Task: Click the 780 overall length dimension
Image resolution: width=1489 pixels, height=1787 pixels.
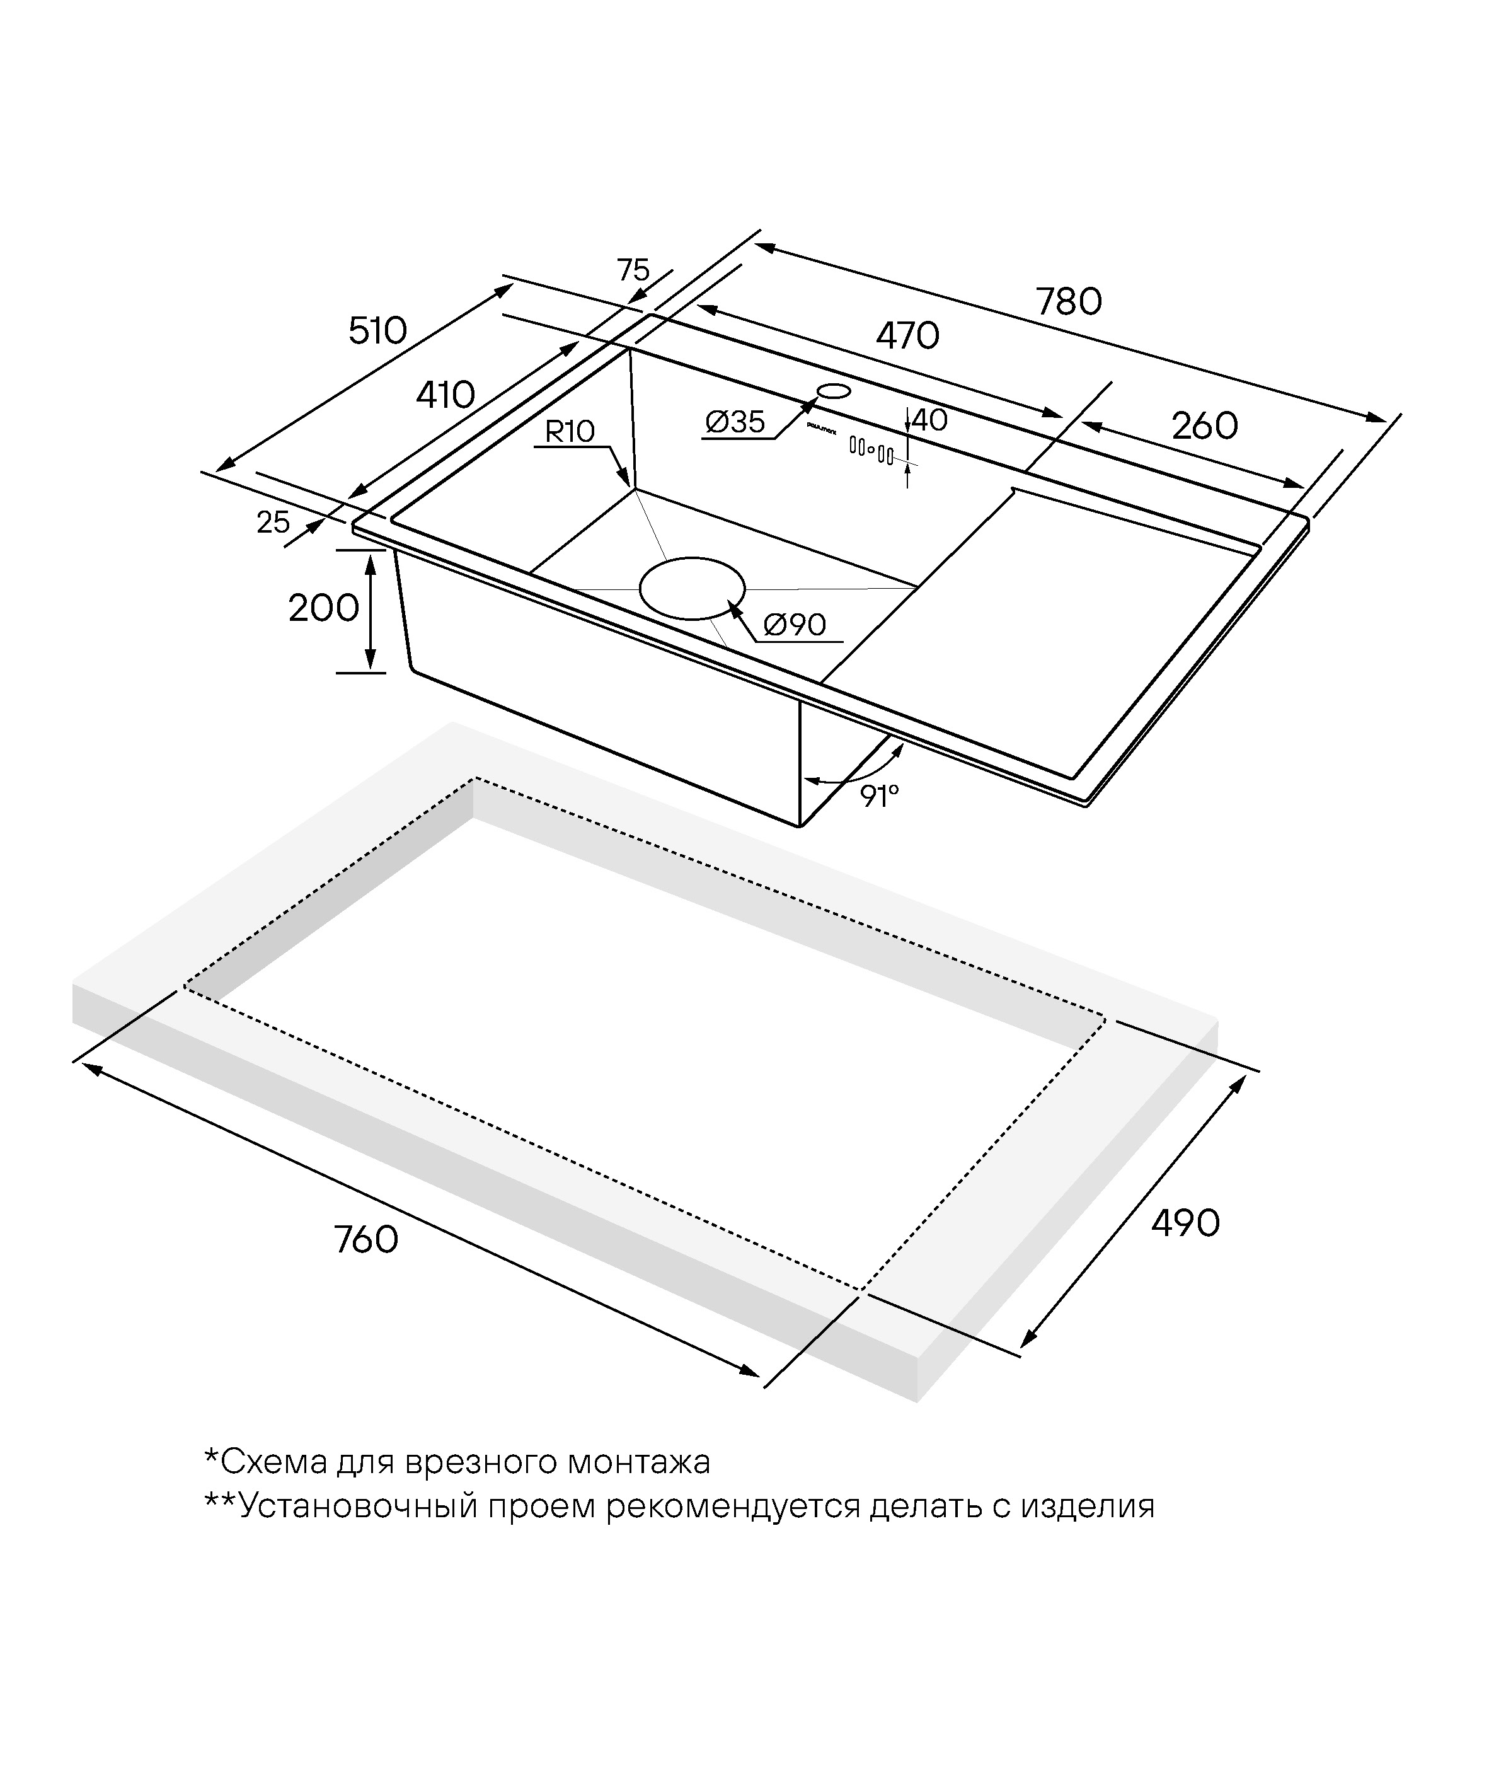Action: click(1068, 302)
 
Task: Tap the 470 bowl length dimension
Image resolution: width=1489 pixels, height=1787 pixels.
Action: click(908, 336)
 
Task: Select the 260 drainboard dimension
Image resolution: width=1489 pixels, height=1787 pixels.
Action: click(1205, 425)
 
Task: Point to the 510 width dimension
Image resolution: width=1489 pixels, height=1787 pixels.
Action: click(378, 330)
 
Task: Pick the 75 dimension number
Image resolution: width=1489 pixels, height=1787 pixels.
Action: click(633, 270)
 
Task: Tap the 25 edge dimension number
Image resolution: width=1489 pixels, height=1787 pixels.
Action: click(273, 522)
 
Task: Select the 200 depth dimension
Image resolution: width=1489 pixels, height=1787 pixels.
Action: click(323, 608)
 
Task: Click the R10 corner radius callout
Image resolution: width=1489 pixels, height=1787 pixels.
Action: click(569, 431)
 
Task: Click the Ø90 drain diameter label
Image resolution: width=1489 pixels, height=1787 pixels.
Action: click(795, 625)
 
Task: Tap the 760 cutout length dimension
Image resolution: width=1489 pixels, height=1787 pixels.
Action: click(366, 1240)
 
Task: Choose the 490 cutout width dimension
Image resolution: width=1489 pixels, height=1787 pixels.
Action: click(1185, 1223)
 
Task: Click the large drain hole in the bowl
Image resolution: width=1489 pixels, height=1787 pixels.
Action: click(692, 588)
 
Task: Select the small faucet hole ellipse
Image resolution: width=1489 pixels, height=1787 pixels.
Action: click(833, 391)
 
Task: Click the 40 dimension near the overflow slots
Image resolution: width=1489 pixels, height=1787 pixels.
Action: click(929, 420)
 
